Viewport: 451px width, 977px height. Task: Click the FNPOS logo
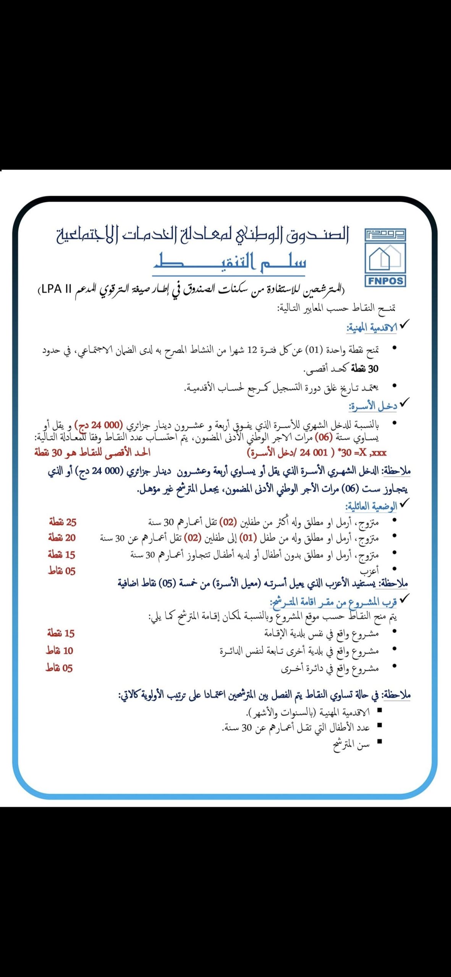coord(385,258)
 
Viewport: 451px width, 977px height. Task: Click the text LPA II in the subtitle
coord(57,289)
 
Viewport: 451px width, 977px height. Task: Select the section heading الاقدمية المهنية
coord(371,327)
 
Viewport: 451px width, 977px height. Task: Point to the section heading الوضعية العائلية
coord(371,506)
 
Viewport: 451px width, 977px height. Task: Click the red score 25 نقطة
coord(63,522)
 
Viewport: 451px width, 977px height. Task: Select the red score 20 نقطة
coord(62,538)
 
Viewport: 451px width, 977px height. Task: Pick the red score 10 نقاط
coord(60,651)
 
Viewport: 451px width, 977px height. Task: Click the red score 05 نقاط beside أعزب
coord(62,571)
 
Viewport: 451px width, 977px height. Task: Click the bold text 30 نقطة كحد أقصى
coord(341,369)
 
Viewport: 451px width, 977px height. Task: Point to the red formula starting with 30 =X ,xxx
coord(317,453)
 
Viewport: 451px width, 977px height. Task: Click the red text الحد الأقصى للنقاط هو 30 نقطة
coord(92,453)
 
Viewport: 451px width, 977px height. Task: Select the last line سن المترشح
coord(351,745)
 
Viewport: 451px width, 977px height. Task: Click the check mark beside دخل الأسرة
coord(404,401)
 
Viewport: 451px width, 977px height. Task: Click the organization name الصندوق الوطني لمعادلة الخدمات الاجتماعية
coord(202,234)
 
